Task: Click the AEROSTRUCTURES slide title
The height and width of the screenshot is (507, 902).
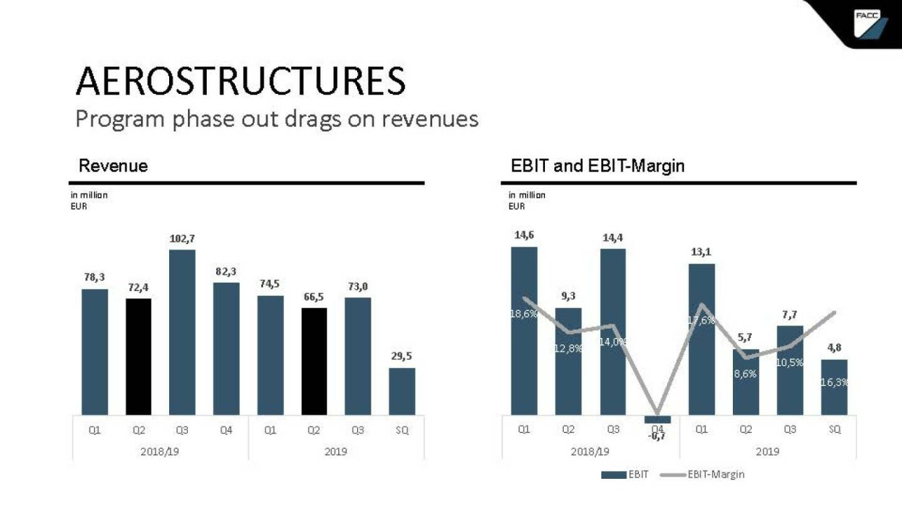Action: pos(241,81)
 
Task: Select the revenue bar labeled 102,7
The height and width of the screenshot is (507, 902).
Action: pos(182,332)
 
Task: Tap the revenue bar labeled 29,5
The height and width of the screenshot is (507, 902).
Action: pos(402,391)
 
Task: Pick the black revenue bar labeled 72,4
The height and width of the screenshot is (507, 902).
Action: pos(138,356)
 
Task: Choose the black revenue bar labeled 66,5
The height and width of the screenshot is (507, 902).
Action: pos(314,361)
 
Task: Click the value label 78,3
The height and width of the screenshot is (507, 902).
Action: pos(95,277)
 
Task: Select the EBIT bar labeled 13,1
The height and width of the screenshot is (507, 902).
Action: pos(702,339)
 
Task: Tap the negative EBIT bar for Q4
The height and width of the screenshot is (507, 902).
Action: pos(657,419)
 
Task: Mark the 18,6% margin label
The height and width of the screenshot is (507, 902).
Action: pos(524,314)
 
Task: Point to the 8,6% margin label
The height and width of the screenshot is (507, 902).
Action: pos(745,374)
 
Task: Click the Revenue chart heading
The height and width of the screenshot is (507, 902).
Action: pos(113,166)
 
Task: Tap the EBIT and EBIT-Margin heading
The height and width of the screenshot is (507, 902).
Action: pos(598,166)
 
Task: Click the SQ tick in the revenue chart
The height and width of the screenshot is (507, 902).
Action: pos(402,431)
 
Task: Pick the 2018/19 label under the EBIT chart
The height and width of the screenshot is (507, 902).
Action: pos(590,451)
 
